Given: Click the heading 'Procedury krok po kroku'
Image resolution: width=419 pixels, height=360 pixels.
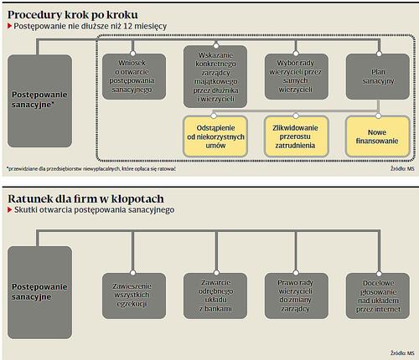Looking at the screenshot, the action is coord(73,15).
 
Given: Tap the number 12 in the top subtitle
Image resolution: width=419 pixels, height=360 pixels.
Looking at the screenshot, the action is coord(127,26).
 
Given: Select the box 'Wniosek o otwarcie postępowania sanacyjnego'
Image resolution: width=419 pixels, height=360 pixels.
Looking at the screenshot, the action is coord(134,76).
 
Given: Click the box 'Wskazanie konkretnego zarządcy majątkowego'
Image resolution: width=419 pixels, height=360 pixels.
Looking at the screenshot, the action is coord(215,77).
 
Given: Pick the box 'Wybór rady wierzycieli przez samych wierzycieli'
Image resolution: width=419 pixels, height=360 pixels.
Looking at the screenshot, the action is coord(297,76).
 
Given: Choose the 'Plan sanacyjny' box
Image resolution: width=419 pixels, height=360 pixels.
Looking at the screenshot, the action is coord(378,76).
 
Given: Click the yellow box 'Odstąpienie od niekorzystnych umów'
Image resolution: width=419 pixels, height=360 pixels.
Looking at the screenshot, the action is coord(215,136).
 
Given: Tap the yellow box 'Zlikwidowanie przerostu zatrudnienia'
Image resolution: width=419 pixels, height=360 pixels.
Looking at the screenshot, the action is coord(296,136).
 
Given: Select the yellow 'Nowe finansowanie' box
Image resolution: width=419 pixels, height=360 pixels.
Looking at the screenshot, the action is coord(378,136).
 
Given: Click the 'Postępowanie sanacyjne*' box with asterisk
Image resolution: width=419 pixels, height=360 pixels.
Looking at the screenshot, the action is coord(39,101).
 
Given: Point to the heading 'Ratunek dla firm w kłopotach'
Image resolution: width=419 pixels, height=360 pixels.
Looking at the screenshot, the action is coord(85,198).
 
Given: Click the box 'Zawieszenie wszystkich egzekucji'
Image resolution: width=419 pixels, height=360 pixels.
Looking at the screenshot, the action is coord(134,296).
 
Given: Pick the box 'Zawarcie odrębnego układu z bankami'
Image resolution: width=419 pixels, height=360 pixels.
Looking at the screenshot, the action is coord(215,296).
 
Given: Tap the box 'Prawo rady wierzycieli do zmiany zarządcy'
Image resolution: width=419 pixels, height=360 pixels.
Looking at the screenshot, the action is coord(297,296).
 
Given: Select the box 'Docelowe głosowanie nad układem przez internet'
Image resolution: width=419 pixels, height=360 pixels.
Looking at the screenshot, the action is coord(378,296).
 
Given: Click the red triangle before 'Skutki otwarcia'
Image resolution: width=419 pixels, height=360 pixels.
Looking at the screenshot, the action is coord(10,210).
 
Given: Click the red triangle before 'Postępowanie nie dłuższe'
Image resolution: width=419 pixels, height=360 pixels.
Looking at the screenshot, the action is coord(10,26).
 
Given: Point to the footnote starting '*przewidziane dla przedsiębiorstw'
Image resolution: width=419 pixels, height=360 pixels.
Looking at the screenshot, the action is coord(91,169).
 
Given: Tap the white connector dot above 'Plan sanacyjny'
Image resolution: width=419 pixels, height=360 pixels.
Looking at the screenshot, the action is coord(379,54).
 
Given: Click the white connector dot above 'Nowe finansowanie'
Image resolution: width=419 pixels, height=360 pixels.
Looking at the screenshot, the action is coord(379,116).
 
